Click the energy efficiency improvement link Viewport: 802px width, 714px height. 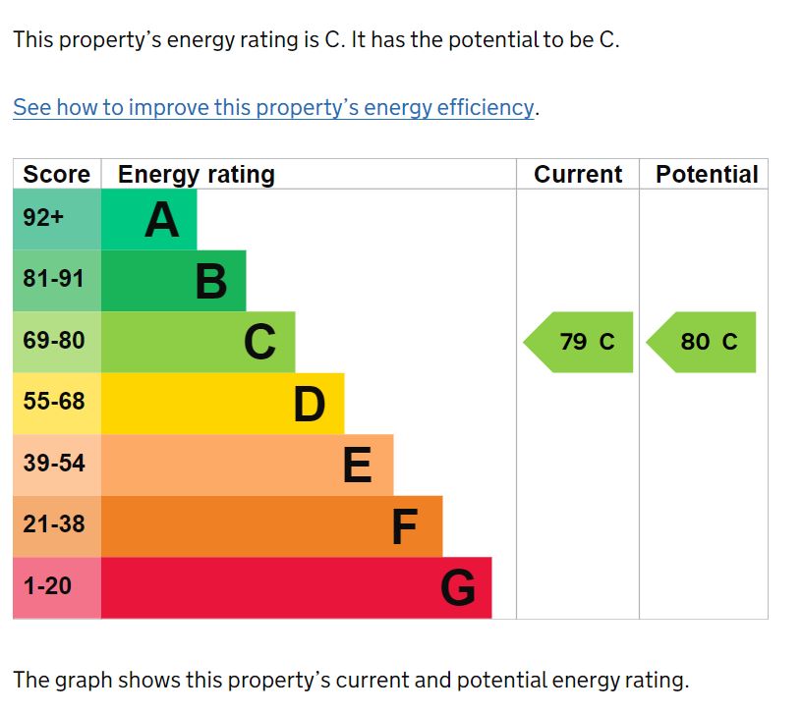pos(273,107)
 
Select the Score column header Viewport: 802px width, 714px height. pos(56,175)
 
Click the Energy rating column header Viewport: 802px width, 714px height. pos(197,175)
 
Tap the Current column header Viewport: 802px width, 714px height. pos(578,175)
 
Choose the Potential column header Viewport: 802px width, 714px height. pos(707,175)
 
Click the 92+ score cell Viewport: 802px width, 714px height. pos(43,218)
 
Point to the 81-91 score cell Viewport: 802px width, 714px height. pos(54,279)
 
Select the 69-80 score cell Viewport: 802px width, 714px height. pos(54,341)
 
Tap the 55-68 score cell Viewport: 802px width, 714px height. pos(54,402)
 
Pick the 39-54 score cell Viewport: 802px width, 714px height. pos(54,463)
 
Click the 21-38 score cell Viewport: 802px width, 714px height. pos(54,524)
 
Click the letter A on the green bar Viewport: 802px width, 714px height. pos(162,220)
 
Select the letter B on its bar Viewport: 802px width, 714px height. pos(211,282)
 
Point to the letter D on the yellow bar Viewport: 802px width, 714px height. pos(310,404)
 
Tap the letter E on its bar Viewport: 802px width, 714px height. pos(358,465)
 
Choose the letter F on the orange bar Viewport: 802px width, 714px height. pos(405,526)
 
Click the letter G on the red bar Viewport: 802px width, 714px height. pos(458,588)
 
